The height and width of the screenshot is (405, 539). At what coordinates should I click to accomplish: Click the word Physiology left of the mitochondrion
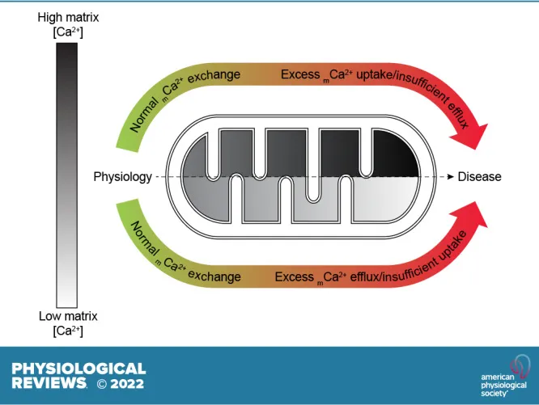tap(122, 176)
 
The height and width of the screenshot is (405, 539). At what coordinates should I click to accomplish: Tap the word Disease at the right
tap(480, 176)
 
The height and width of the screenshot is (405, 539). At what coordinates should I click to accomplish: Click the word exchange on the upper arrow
tap(216, 75)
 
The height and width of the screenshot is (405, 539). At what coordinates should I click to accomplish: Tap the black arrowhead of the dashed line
tap(445, 176)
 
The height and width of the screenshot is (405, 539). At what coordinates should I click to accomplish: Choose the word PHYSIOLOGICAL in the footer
tap(79, 369)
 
